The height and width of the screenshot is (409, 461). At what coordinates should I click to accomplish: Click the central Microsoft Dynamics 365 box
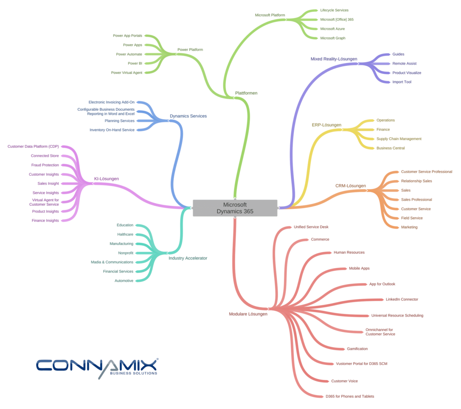235,208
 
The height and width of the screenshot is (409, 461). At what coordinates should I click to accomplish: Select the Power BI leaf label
135,64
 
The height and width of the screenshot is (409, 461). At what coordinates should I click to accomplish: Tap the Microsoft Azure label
332,29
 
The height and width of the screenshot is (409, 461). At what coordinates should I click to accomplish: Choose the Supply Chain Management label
399,139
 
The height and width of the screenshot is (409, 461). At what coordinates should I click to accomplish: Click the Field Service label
411,218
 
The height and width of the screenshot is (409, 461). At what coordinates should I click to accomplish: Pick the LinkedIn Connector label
402,300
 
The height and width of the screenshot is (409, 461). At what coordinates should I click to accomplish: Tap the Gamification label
357,349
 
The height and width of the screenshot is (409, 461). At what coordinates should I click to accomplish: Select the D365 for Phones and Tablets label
349,396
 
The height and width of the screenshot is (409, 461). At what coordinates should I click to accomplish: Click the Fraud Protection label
45,165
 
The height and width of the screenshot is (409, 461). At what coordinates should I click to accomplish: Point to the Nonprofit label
126,253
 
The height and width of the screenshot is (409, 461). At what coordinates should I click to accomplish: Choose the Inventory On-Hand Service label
112,130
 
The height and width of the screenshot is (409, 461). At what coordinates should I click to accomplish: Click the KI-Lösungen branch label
106,179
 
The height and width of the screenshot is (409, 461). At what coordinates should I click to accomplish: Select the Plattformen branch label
246,93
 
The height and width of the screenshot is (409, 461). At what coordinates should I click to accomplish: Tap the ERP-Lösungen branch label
326,125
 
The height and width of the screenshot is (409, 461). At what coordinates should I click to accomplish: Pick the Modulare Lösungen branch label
248,314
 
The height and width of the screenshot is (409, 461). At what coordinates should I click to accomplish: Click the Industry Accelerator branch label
188,258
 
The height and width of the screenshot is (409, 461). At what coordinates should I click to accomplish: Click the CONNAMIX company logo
97,367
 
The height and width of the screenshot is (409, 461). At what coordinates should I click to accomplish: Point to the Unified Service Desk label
311,227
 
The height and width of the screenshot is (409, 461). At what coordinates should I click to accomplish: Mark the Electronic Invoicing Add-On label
111,102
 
